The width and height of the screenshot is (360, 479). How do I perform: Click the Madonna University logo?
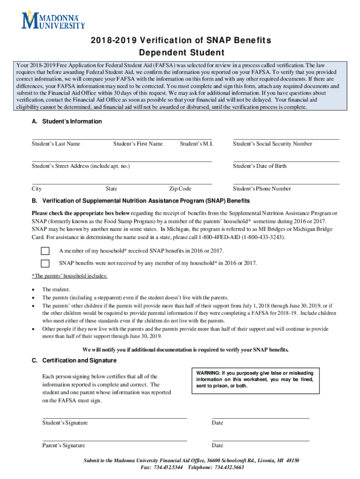pos(53,20)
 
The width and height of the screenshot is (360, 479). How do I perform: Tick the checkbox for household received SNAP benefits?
pos(45,250)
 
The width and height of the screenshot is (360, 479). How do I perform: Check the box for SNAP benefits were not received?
pos(45,263)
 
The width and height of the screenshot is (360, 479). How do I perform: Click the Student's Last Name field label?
pos(56,144)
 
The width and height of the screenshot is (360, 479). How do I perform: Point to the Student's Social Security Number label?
pos(272,144)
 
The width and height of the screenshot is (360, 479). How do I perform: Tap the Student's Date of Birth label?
pos(259,166)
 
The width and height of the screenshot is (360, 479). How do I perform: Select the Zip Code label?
pos(180,189)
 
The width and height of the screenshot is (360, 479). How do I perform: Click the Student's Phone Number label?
pos(262,189)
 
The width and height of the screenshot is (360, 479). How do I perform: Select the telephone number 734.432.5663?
pos(228,467)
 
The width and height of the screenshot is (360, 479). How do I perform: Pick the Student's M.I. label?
pos(196,144)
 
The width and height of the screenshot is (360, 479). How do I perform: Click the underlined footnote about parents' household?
pos(70,276)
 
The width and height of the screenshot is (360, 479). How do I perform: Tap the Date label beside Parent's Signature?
pos(217,446)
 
